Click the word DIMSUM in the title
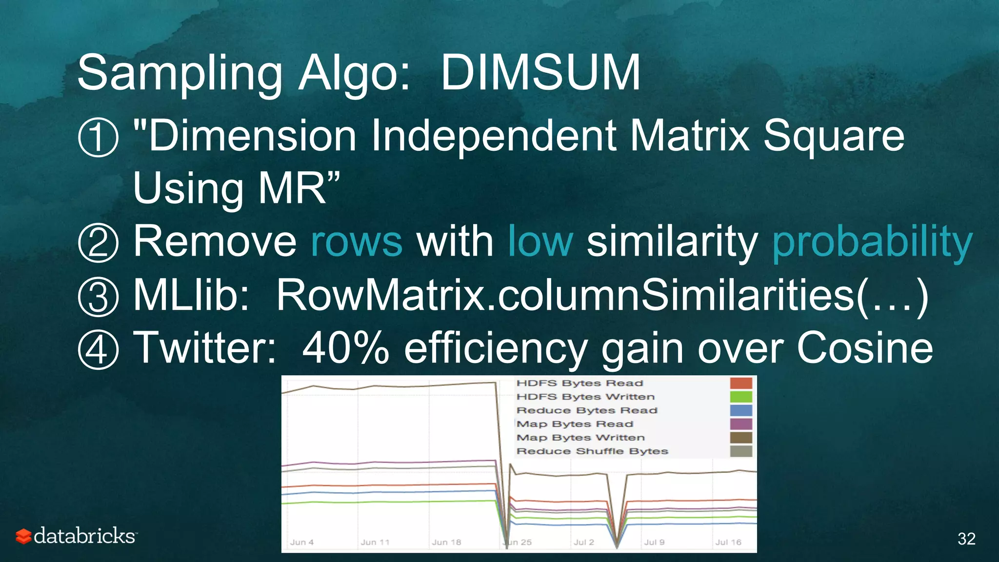540,73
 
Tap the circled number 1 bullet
98,138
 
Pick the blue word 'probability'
872,243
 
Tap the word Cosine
864,348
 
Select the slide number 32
966,539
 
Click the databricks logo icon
23,536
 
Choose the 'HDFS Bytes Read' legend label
579,383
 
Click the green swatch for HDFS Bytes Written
740,397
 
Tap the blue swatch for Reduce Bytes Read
740,410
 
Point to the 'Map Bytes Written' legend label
580,438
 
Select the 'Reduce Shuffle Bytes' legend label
592,451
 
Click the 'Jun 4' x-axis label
302,542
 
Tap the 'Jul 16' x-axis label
728,542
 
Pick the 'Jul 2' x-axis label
584,542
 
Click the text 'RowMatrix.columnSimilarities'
565,296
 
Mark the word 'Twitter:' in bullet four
205,348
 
